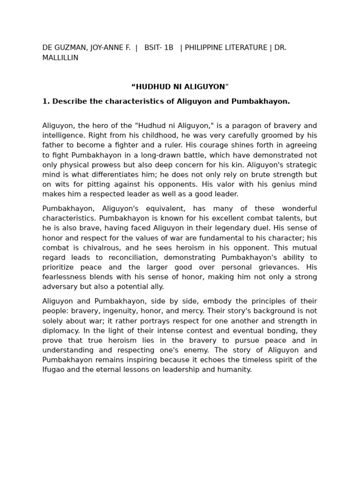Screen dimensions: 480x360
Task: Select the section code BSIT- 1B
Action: [x=159, y=48]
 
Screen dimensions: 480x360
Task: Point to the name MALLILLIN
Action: [x=60, y=58]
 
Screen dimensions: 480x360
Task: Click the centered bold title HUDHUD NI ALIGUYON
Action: [x=180, y=87]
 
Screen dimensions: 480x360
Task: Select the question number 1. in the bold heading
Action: [x=46, y=101]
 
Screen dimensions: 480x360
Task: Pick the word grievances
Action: [x=274, y=268]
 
